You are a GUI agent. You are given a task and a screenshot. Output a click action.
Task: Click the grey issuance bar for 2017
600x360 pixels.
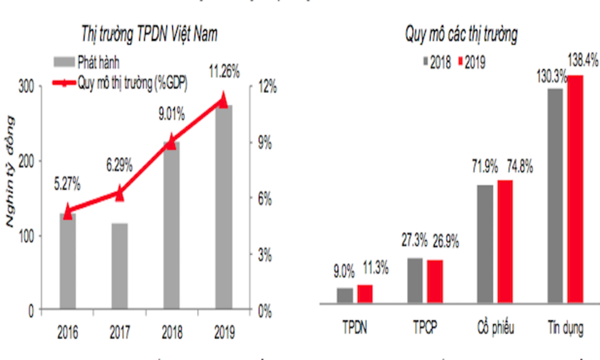(119, 266)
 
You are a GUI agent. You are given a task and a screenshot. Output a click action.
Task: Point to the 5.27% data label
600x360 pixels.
(67, 185)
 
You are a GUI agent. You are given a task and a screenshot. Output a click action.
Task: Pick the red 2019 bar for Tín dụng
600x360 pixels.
(575, 188)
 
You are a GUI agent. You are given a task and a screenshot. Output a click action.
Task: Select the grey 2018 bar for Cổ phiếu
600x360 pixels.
(485, 243)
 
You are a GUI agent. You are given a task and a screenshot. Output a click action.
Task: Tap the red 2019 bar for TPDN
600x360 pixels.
(365, 293)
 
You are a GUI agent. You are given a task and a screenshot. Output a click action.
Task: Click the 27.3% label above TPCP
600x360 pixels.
(415, 241)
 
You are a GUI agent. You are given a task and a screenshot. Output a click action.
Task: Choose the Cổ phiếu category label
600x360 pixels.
(495, 329)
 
